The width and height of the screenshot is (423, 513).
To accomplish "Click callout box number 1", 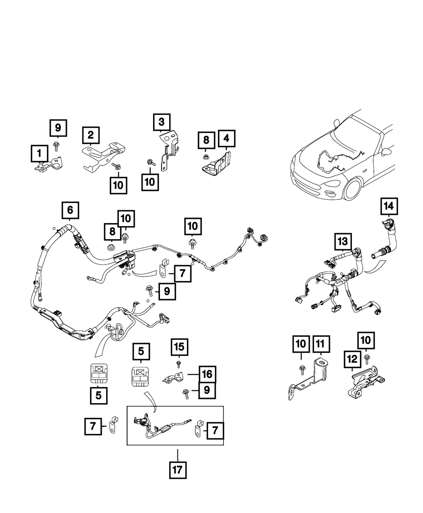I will pyautogui.click(x=39, y=154).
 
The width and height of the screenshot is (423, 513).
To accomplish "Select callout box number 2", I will pyautogui.click(x=91, y=135).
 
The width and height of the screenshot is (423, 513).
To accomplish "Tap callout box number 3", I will pyautogui.click(x=162, y=123).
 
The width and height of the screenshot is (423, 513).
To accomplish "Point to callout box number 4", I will pyautogui.click(x=226, y=138).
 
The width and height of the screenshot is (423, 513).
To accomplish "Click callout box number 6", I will pyautogui.click(x=70, y=210).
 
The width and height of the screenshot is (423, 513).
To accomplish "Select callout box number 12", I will pyautogui.click(x=352, y=359).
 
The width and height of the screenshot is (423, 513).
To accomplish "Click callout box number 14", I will pyautogui.click(x=389, y=207).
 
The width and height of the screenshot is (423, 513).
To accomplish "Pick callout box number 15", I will pyautogui.click(x=179, y=348).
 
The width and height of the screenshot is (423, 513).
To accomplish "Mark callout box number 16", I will pyautogui.click(x=207, y=374).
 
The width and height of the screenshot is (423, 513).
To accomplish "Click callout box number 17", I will pyautogui.click(x=178, y=470).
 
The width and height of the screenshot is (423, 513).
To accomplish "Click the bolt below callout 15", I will pyautogui.click(x=179, y=364).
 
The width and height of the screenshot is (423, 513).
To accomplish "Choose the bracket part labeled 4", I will pyautogui.click(x=218, y=165).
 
